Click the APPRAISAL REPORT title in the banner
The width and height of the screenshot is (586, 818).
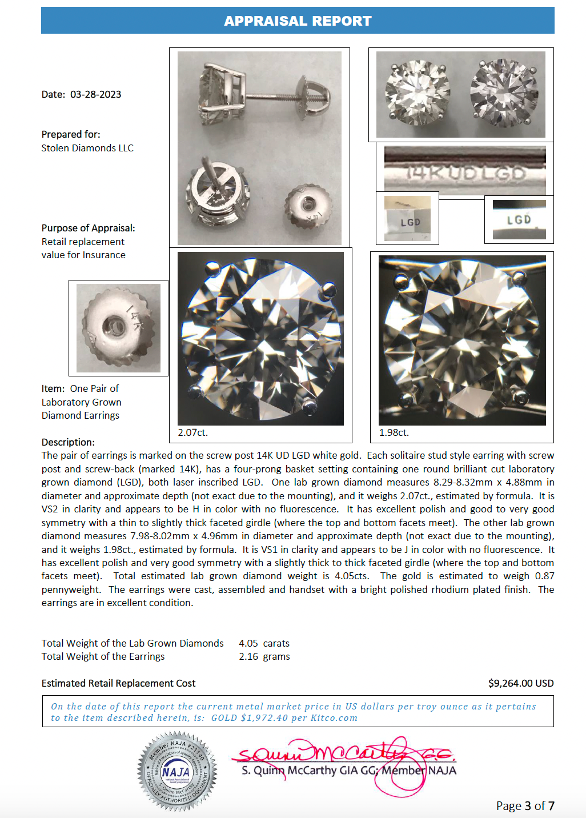pyautogui.click(x=298, y=21)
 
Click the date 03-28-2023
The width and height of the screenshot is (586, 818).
pyautogui.click(x=95, y=94)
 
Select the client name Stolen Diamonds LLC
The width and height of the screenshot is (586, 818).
pyautogui.click(x=87, y=148)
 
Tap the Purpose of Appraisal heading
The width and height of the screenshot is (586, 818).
pyautogui.click(x=88, y=228)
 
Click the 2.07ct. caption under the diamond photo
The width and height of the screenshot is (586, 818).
pyautogui.click(x=192, y=432)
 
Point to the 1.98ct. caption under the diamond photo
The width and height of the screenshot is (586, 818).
pyautogui.click(x=394, y=432)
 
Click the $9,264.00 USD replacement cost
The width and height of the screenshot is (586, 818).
pyautogui.click(x=520, y=683)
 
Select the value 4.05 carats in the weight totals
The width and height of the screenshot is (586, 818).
pyautogui.click(x=264, y=643)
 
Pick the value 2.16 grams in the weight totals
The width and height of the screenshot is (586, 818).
pyautogui.click(x=264, y=656)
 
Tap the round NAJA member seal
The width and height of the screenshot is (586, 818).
pyautogui.click(x=177, y=771)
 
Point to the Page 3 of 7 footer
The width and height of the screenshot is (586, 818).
pyautogui.click(x=525, y=805)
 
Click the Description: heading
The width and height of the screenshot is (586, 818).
pyautogui.click(x=68, y=442)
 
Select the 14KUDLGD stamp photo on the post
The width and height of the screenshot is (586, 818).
pyautogui.click(x=465, y=171)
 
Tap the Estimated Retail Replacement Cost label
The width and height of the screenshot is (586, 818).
pyautogui.click(x=118, y=683)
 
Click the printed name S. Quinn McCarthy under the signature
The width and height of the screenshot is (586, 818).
pyautogui.click(x=289, y=771)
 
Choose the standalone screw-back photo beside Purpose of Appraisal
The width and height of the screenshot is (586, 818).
pyautogui.click(x=118, y=328)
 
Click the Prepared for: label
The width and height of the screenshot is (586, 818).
pyautogui.click(x=71, y=134)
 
